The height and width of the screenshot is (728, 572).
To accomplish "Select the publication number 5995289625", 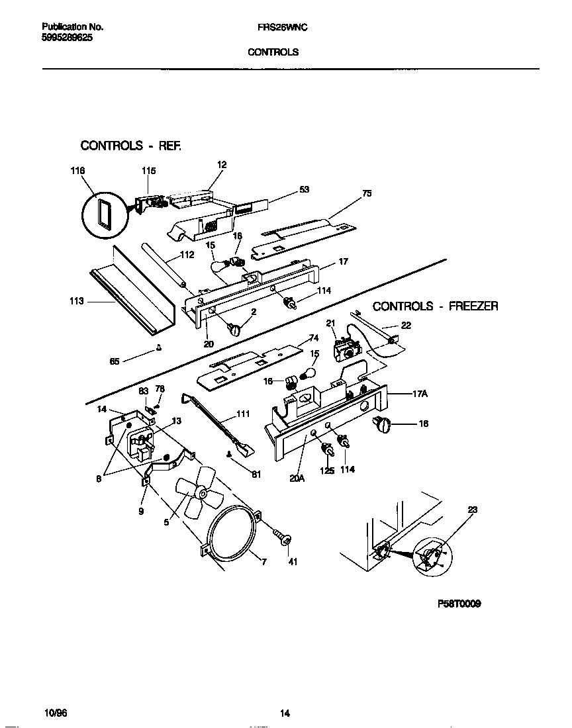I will pyautogui.click(x=67, y=38).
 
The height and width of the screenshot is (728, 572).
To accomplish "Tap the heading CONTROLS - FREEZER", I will pyautogui.click(x=435, y=306).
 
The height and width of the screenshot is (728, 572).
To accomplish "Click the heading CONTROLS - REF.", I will pyautogui.click(x=130, y=145).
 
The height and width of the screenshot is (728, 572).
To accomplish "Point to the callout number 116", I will pyautogui.click(x=77, y=171).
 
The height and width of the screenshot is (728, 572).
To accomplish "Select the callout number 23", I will pyautogui.click(x=472, y=510).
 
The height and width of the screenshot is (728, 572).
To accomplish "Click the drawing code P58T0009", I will pyautogui.click(x=459, y=604).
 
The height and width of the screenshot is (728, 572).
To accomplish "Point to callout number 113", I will pyautogui.click(x=77, y=301).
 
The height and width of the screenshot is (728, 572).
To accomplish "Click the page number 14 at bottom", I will pyautogui.click(x=285, y=713).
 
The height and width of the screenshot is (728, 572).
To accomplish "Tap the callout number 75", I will pyautogui.click(x=367, y=193).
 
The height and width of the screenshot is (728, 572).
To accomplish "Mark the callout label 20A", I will pyautogui.click(x=296, y=473).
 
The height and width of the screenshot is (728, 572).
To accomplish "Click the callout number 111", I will pyautogui.click(x=242, y=415).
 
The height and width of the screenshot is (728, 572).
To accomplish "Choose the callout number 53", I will pyautogui.click(x=304, y=189).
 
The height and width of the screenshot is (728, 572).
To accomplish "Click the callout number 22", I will pyautogui.click(x=406, y=325).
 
